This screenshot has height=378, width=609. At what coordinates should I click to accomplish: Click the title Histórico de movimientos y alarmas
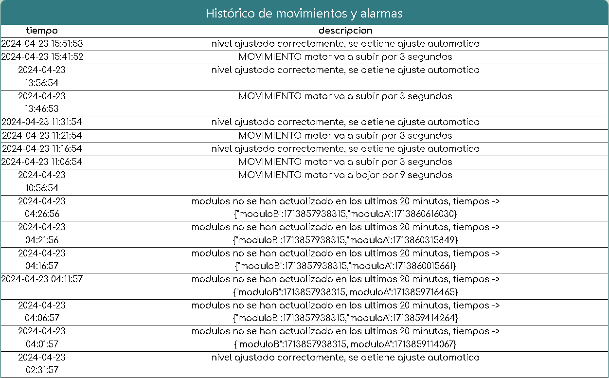pos(304,13)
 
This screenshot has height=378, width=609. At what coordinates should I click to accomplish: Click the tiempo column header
pos(42,31)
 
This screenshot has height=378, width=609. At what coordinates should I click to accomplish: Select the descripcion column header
pos(345,31)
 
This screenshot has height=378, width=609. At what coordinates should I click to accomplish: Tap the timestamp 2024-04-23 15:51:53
pos(42,44)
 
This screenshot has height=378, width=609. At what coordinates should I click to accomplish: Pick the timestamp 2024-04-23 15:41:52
pos(42,57)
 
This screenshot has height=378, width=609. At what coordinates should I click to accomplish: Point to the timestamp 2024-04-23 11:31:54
pos(42,122)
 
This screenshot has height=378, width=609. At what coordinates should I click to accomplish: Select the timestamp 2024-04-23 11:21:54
pos(42,135)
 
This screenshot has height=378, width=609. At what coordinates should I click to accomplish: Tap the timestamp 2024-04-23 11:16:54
pos(42,148)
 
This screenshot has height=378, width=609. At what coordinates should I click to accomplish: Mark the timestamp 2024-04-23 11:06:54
pos(42,162)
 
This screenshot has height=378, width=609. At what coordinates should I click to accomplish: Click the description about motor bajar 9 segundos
pos(345,175)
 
